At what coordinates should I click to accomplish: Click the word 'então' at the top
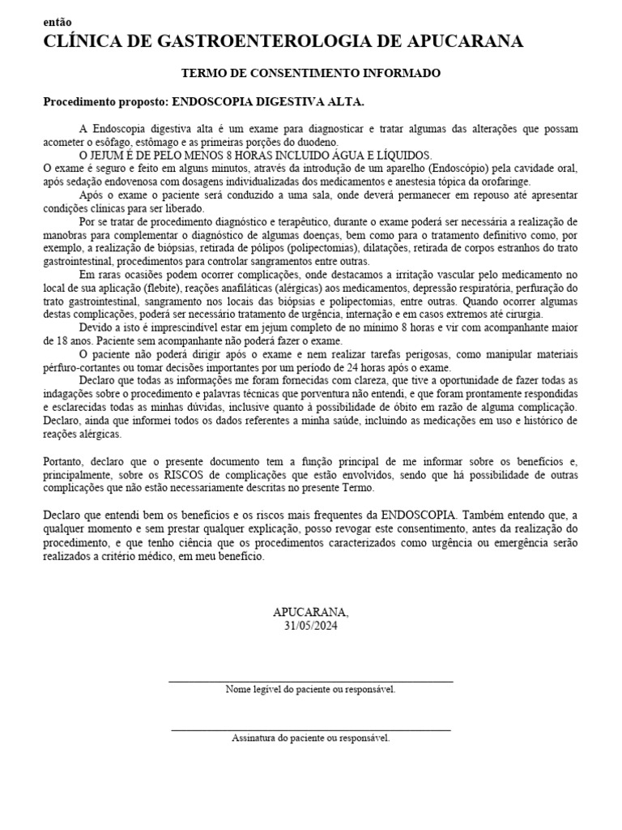point(57,22)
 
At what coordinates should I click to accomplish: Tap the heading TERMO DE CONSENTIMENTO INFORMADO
point(311,74)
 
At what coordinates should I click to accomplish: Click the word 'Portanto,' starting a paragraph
point(66,460)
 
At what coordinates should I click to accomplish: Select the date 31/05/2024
point(311,626)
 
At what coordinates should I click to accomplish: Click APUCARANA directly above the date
point(311,612)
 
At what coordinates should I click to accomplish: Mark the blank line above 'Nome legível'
point(311,682)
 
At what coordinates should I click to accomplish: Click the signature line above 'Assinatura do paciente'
point(311,730)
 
